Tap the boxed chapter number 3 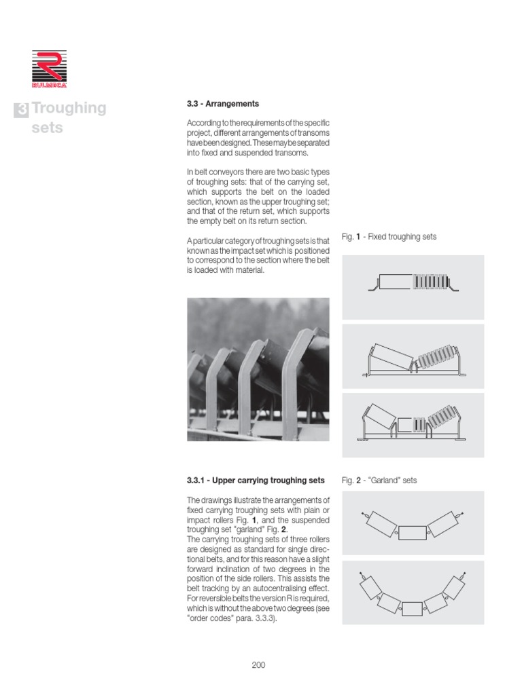coord(22,110)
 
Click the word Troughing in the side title coord(69,109)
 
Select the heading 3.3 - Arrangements coord(222,104)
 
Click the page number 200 coord(258,664)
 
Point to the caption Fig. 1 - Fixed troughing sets coord(389,237)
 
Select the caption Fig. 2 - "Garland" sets coord(379,481)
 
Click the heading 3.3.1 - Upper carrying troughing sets coord(256,481)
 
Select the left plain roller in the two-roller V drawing coord(390,356)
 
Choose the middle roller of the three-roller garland coord(413,532)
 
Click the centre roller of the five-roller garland coord(412,607)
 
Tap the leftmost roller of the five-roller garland coord(368,586)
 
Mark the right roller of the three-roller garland coord(445,523)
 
